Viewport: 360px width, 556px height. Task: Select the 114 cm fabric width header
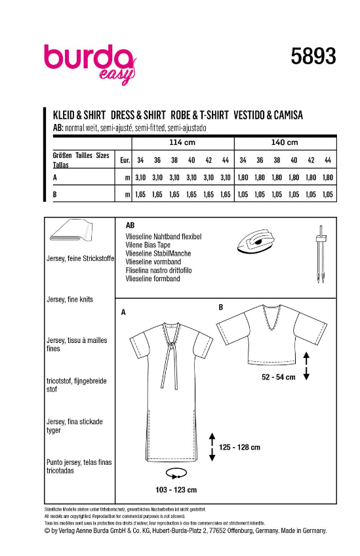pyautogui.click(x=183, y=142)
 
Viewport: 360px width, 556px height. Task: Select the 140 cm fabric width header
pyautogui.click(x=285, y=142)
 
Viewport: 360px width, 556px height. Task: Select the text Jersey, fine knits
pyautogui.click(x=70, y=299)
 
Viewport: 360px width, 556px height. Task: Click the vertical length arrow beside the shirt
pyautogui.click(x=306, y=365)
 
